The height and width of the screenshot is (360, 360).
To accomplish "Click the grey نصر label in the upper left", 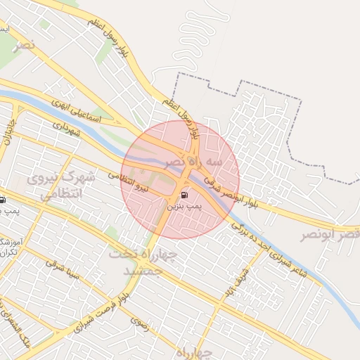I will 25,46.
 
